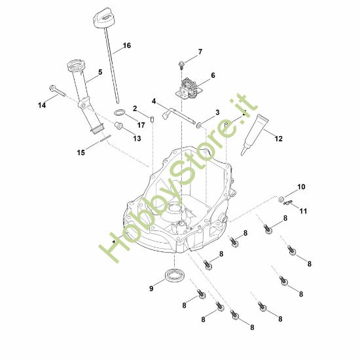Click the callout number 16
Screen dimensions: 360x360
pos(126,45)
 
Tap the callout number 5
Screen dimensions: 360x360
pos(100,73)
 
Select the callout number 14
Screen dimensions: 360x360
pos(42,104)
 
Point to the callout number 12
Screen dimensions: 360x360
pos(278,138)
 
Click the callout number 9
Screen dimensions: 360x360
pos(151,287)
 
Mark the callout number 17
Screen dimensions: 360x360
pos(140,124)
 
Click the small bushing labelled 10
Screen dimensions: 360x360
pos(280,198)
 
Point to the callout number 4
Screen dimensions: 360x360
pos(154,101)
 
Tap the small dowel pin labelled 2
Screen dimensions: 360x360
pos(151,119)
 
